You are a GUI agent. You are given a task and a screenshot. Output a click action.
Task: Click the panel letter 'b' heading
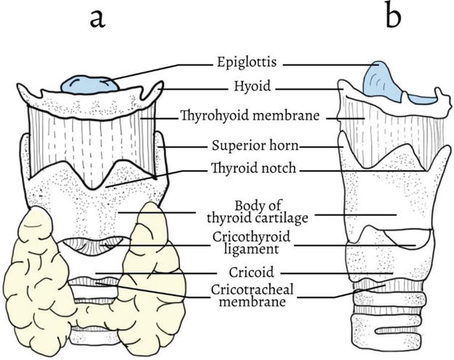(x=393, y=16)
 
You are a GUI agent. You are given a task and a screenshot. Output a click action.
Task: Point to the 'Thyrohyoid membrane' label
(x=250, y=115)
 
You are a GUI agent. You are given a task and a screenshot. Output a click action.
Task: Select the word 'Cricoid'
(x=250, y=274)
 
